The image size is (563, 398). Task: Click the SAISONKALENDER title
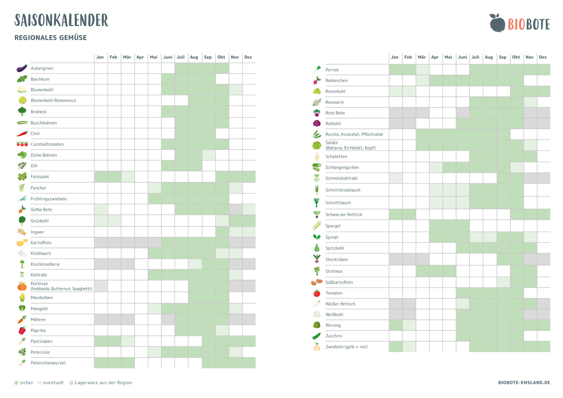pyautogui.click(x=61, y=20)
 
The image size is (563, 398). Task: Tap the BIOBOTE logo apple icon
pyautogui.click(x=496, y=23)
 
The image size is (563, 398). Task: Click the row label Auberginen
pyautogui.click(x=42, y=68)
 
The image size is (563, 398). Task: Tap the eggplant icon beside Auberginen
pyautogui.click(x=22, y=68)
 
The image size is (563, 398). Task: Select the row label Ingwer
pyautogui.click(x=38, y=232)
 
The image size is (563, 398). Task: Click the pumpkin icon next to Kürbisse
pyautogui.click(x=22, y=286)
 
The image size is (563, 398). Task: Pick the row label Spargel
pyautogui.click(x=333, y=226)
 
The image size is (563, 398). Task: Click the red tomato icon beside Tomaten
pyautogui.click(x=317, y=293)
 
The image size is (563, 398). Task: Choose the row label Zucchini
pyautogui.click(x=334, y=336)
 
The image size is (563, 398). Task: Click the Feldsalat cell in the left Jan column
pyautogui.click(x=100, y=177)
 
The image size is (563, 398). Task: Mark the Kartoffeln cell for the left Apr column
pyautogui.click(x=141, y=242)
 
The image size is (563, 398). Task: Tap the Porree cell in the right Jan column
pyautogui.click(x=395, y=69)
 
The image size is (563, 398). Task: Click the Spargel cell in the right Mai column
pyautogui.click(x=449, y=226)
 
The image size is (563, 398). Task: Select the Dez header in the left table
pyautogui.click(x=248, y=57)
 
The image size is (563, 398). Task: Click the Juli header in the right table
pyautogui.click(x=476, y=57)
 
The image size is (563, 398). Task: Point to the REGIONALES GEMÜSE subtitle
pyautogui.click(x=51, y=38)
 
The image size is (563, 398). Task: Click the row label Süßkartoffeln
pyautogui.click(x=339, y=282)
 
